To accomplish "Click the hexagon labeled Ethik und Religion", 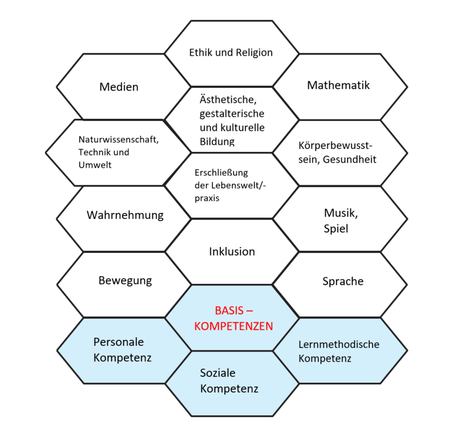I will (x=231, y=53).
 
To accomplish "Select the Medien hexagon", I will (x=119, y=87).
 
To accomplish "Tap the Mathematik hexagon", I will (x=339, y=85).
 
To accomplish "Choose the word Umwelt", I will (x=95, y=164).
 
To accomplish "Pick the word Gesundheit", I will (x=350, y=159).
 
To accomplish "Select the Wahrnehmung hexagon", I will (x=125, y=215).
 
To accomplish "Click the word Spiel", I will (x=336, y=228).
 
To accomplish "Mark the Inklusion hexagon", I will (x=232, y=251).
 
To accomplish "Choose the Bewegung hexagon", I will (x=125, y=280).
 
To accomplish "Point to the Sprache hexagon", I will (x=343, y=281).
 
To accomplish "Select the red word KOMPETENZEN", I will (x=234, y=326).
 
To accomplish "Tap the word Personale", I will (x=118, y=342).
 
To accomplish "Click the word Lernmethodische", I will (x=339, y=344).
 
